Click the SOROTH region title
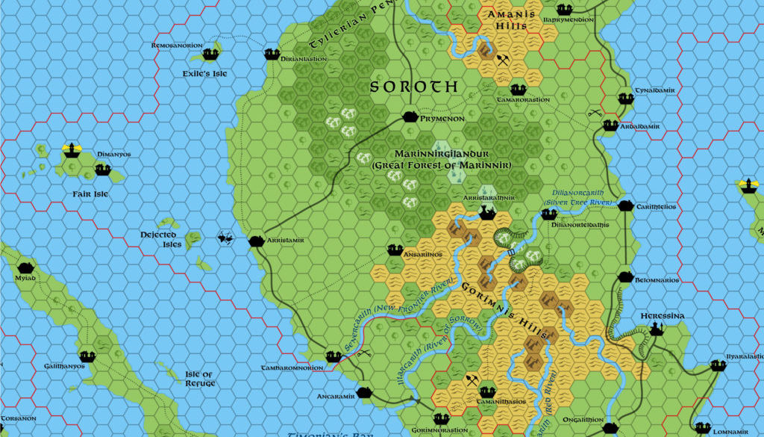414,87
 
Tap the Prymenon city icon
409,117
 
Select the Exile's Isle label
210,73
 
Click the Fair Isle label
90,194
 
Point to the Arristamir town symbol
254,241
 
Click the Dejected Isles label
160,239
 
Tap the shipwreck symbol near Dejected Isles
225,238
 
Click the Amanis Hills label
506,19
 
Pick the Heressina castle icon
657,328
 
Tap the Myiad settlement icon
25,267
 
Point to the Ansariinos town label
423,255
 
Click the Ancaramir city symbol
363,392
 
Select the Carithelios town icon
625,206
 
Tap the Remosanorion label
177,46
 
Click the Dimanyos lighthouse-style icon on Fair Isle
72,149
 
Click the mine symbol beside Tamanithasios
471,380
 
